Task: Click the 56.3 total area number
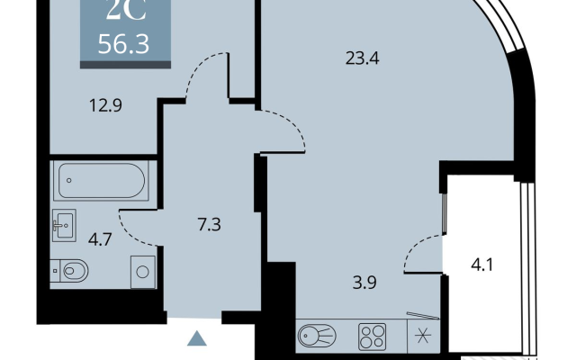pyautogui.click(x=123, y=44)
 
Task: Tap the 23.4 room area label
pyautogui.click(x=362, y=58)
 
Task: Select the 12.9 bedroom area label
pyautogui.click(x=106, y=105)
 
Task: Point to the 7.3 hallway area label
pyautogui.click(x=209, y=224)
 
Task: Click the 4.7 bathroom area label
pyautogui.click(x=100, y=239)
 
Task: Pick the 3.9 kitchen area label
pyautogui.click(x=364, y=283)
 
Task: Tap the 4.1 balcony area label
pyautogui.click(x=482, y=264)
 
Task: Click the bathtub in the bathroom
pyautogui.click(x=101, y=181)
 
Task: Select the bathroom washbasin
pyautogui.click(x=64, y=225)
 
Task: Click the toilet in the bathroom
pyautogui.click(x=69, y=271)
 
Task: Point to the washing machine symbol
pyautogui.click(x=142, y=272)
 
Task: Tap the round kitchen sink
pyautogui.click(x=317, y=336)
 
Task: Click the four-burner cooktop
pyautogui.click(x=372, y=337)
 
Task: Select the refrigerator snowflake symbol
pyautogui.click(x=423, y=337)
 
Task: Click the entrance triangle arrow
pyautogui.click(x=197, y=338)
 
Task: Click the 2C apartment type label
pyautogui.click(x=126, y=11)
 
